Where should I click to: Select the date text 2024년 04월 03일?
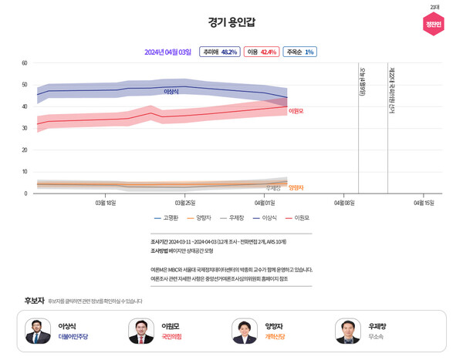[x=167, y=52]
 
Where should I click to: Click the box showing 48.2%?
[x=218, y=52]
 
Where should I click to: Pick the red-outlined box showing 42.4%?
[x=261, y=52]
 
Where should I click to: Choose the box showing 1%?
[x=299, y=52]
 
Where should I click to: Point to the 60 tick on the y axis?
[x=25, y=63]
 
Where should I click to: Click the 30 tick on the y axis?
[x=25, y=128]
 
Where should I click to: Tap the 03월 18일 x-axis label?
[x=105, y=203]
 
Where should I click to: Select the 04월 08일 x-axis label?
[x=344, y=203]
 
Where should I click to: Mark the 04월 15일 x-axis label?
[x=424, y=203]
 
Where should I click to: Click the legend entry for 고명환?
[x=166, y=218]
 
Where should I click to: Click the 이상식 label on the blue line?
[x=171, y=92]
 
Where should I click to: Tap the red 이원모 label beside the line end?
[x=296, y=111]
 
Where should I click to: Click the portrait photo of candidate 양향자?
[x=245, y=331]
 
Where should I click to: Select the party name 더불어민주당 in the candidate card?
[x=73, y=337]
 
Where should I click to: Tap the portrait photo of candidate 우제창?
[x=348, y=331]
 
